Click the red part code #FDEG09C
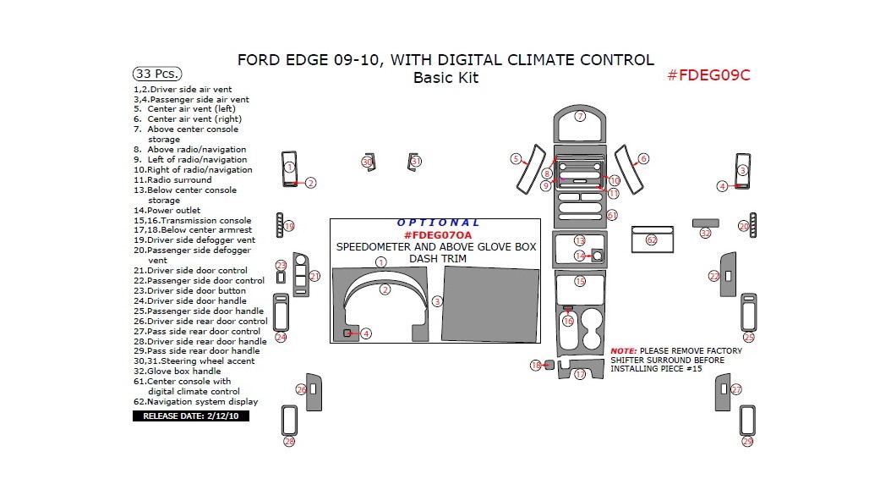point(708,74)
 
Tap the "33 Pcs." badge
point(157,74)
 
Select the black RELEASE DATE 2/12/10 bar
point(190,416)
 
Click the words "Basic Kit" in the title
point(445,78)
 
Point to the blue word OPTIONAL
point(438,223)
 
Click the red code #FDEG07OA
point(437,234)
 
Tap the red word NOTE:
point(624,350)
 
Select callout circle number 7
point(580,116)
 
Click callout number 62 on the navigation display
point(651,240)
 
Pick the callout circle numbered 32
point(705,233)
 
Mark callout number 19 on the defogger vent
point(289,226)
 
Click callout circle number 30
point(367,161)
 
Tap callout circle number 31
point(415,161)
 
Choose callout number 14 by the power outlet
point(579,256)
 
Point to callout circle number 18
point(535,366)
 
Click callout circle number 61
point(612,215)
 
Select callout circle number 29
point(747,442)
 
